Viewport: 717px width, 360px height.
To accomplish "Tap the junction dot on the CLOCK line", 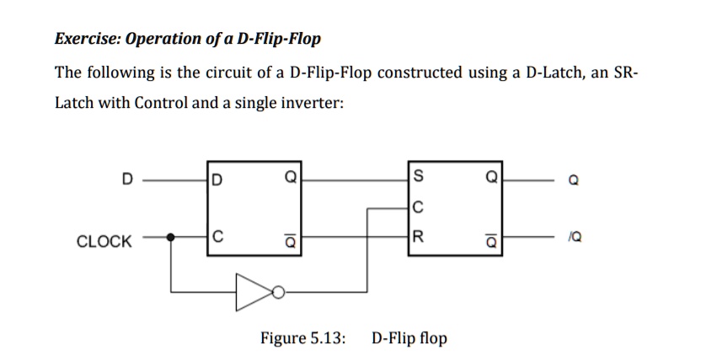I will coord(172,237).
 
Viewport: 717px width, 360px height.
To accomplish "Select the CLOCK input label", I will coord(104,242).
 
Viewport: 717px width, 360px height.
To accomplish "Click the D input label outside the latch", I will coord(127,180).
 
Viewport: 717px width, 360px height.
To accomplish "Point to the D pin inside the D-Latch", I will coord(217,180).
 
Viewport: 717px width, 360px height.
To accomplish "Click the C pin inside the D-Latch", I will coord(217,237).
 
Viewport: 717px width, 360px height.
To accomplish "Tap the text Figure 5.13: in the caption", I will coord(302,339).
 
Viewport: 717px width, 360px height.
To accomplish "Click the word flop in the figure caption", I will coord(431,339).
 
